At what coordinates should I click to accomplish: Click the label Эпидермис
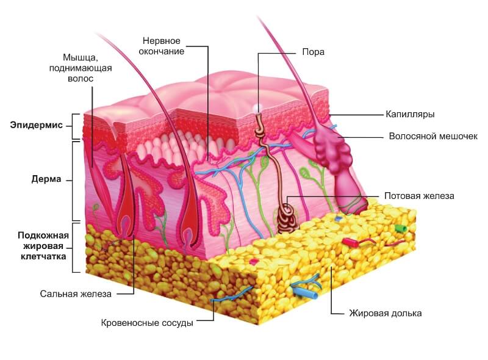36,125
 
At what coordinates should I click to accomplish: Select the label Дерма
46,181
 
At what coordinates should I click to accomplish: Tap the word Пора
313,52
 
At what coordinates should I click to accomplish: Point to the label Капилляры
409,114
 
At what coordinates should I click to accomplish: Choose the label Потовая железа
419,196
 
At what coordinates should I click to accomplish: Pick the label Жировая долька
385,313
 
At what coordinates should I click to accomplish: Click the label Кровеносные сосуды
146,323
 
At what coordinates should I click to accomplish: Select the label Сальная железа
76,293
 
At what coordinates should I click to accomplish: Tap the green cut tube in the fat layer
400,228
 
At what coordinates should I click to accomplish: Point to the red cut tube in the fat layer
350,242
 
